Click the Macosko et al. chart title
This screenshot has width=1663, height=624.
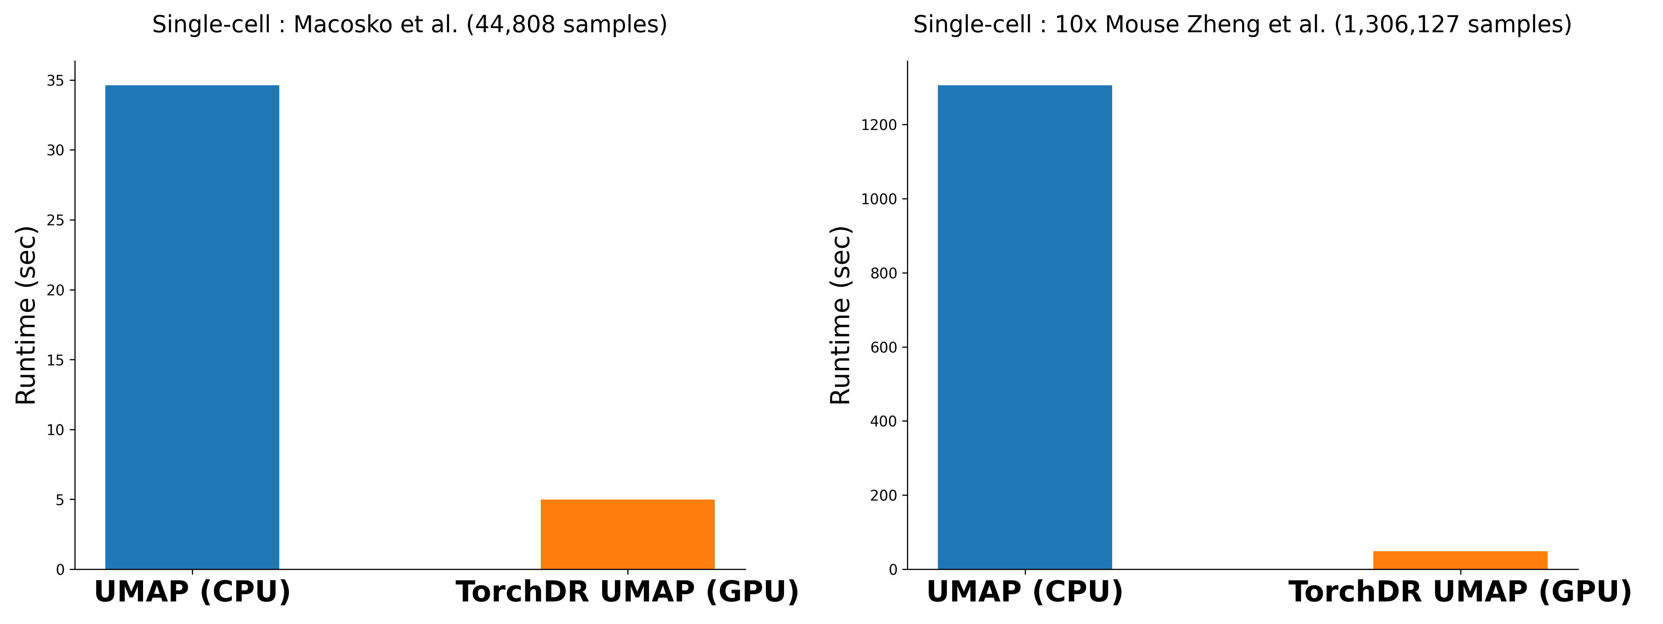(409, 25)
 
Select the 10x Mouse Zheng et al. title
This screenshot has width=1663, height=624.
(1242, 25)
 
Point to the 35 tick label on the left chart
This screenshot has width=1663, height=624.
(55, 81)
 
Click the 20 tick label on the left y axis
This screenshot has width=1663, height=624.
(55, 290)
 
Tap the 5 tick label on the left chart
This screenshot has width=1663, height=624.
(60, 500)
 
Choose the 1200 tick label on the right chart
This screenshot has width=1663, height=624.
(879, 125)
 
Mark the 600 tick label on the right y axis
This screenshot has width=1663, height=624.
(884, 347)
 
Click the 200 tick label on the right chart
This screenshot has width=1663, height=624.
(884, 495)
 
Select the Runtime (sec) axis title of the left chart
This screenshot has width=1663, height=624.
(26, 315)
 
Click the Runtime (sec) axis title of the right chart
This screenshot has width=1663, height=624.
(841, 315)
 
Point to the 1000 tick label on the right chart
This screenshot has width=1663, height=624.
(879, 200)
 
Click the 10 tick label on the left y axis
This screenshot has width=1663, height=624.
(55, 430)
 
